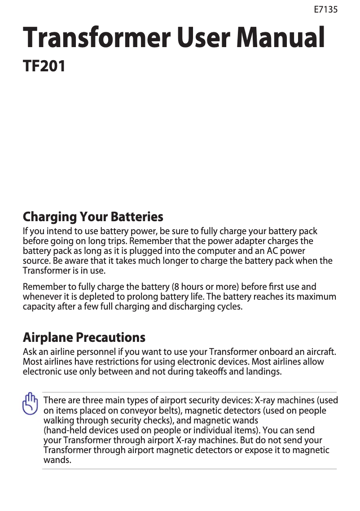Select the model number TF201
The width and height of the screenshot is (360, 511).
[44, 66]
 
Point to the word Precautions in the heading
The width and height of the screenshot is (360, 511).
[110, 337]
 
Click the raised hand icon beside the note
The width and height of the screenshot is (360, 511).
[31, 404]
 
